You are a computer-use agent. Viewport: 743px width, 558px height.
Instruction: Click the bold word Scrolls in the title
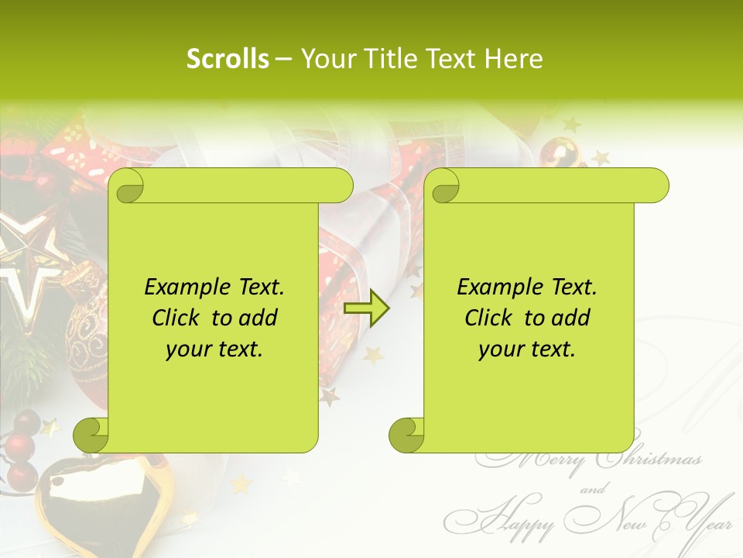pos(228,59)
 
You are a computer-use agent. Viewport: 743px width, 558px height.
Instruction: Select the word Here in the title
pos(513,59)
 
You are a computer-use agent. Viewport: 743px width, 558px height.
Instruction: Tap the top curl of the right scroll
pos(443,187)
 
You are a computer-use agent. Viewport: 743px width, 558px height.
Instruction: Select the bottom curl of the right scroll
pos(406,435)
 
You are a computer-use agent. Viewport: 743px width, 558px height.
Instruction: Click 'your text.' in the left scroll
pos(214,350)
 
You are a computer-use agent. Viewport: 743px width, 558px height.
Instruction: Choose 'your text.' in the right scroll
pos(527,350)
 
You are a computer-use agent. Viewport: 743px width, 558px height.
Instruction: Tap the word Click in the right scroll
pos(488,319)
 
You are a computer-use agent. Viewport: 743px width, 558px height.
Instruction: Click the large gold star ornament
pos(23,263)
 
